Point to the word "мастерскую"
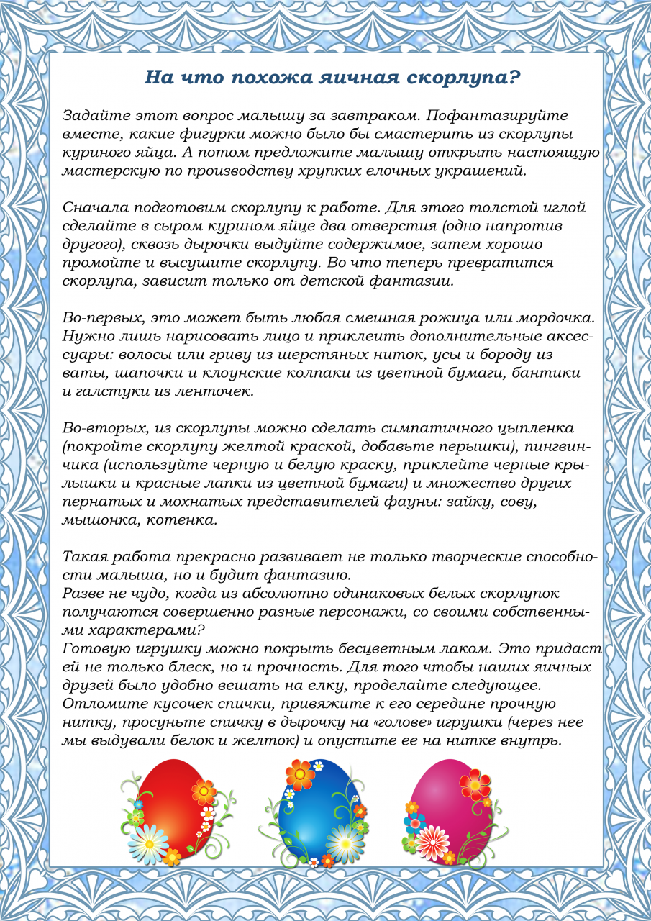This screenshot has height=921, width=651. [x=100, y=171]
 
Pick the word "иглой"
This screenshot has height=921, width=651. [x=566, y=208]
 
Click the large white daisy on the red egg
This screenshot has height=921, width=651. [x=147, y=841]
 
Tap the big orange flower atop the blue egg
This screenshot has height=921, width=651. [x=300, y=775]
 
